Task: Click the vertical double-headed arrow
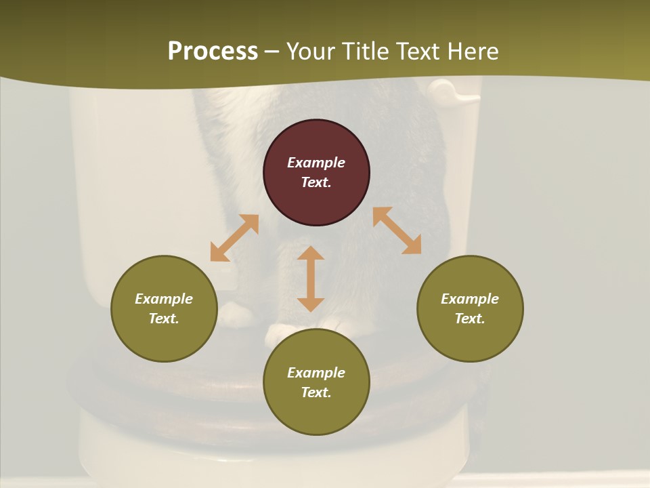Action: tap(311, 279)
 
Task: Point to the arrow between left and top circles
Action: tap(234, 238)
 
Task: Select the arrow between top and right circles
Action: tap(397, 230)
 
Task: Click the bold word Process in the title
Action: tap(213, 51)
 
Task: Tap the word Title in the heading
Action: tap(367, 51)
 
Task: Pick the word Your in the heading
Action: tap(312, 51)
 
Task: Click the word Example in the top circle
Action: tap(316, 163)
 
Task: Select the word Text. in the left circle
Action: tap(164, 319)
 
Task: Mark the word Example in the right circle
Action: tap(470, 299)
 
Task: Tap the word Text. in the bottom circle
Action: tap(316, 392)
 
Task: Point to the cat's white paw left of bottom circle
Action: tap(234, 313)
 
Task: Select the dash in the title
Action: tap(272, 52)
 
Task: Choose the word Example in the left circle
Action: tap(164, 299)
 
